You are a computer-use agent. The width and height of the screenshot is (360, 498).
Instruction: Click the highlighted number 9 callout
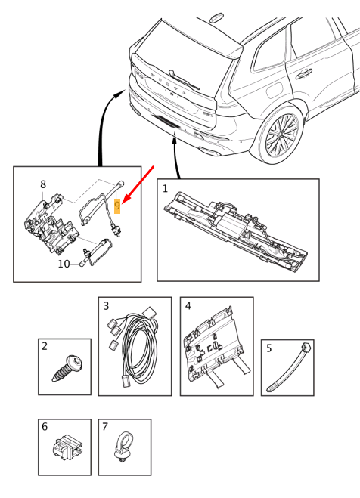[117, 206]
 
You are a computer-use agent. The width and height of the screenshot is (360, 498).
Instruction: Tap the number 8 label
[43, 184]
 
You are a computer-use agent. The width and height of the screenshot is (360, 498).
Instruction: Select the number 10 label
[64, 264]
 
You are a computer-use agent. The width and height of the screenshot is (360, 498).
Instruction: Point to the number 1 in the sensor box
[165, 189]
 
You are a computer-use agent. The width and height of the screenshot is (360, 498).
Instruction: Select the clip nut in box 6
[67, 447]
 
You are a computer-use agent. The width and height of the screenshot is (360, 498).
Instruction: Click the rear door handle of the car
[304, 74]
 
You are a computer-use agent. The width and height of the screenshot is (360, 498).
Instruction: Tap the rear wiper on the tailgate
[184, 79]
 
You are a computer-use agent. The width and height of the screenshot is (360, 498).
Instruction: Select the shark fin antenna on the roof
[216, 17]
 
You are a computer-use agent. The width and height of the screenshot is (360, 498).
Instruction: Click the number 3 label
[106, 306]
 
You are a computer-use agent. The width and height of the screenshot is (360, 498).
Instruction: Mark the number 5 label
[269, 348]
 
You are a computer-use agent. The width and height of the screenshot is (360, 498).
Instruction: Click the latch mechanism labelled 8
[51, 224]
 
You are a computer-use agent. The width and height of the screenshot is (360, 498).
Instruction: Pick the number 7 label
[105, 426]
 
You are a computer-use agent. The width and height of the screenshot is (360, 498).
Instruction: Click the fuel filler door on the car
[275, 91]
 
